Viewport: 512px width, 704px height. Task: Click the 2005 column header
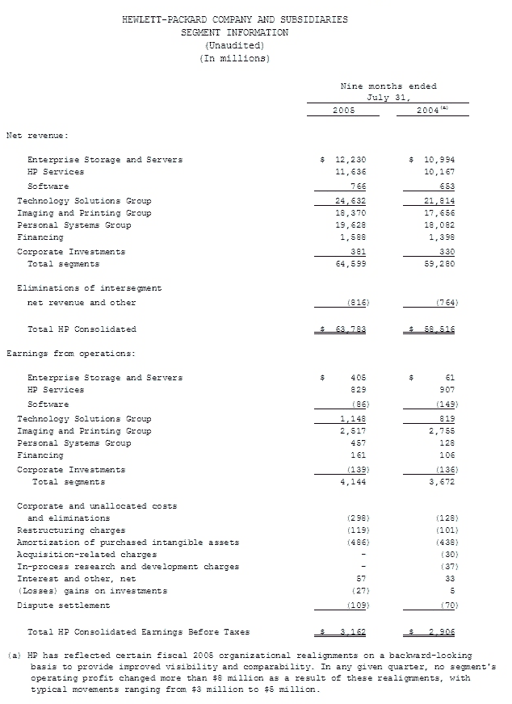344,110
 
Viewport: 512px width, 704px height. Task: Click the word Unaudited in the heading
234,45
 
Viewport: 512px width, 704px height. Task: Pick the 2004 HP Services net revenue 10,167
439,172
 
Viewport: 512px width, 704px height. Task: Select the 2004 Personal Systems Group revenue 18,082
439,225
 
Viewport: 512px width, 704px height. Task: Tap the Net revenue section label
38,135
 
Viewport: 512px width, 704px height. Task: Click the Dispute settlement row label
63,606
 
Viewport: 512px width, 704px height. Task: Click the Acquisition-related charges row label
76,555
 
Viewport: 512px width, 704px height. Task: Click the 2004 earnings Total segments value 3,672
441,482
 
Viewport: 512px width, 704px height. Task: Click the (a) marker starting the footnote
14,656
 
